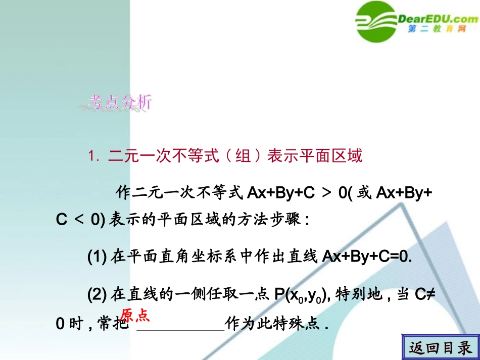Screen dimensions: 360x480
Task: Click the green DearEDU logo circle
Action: [376, 21]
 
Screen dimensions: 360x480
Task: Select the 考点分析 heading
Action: [119, 103]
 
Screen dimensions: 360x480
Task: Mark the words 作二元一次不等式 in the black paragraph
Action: [179, 192]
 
